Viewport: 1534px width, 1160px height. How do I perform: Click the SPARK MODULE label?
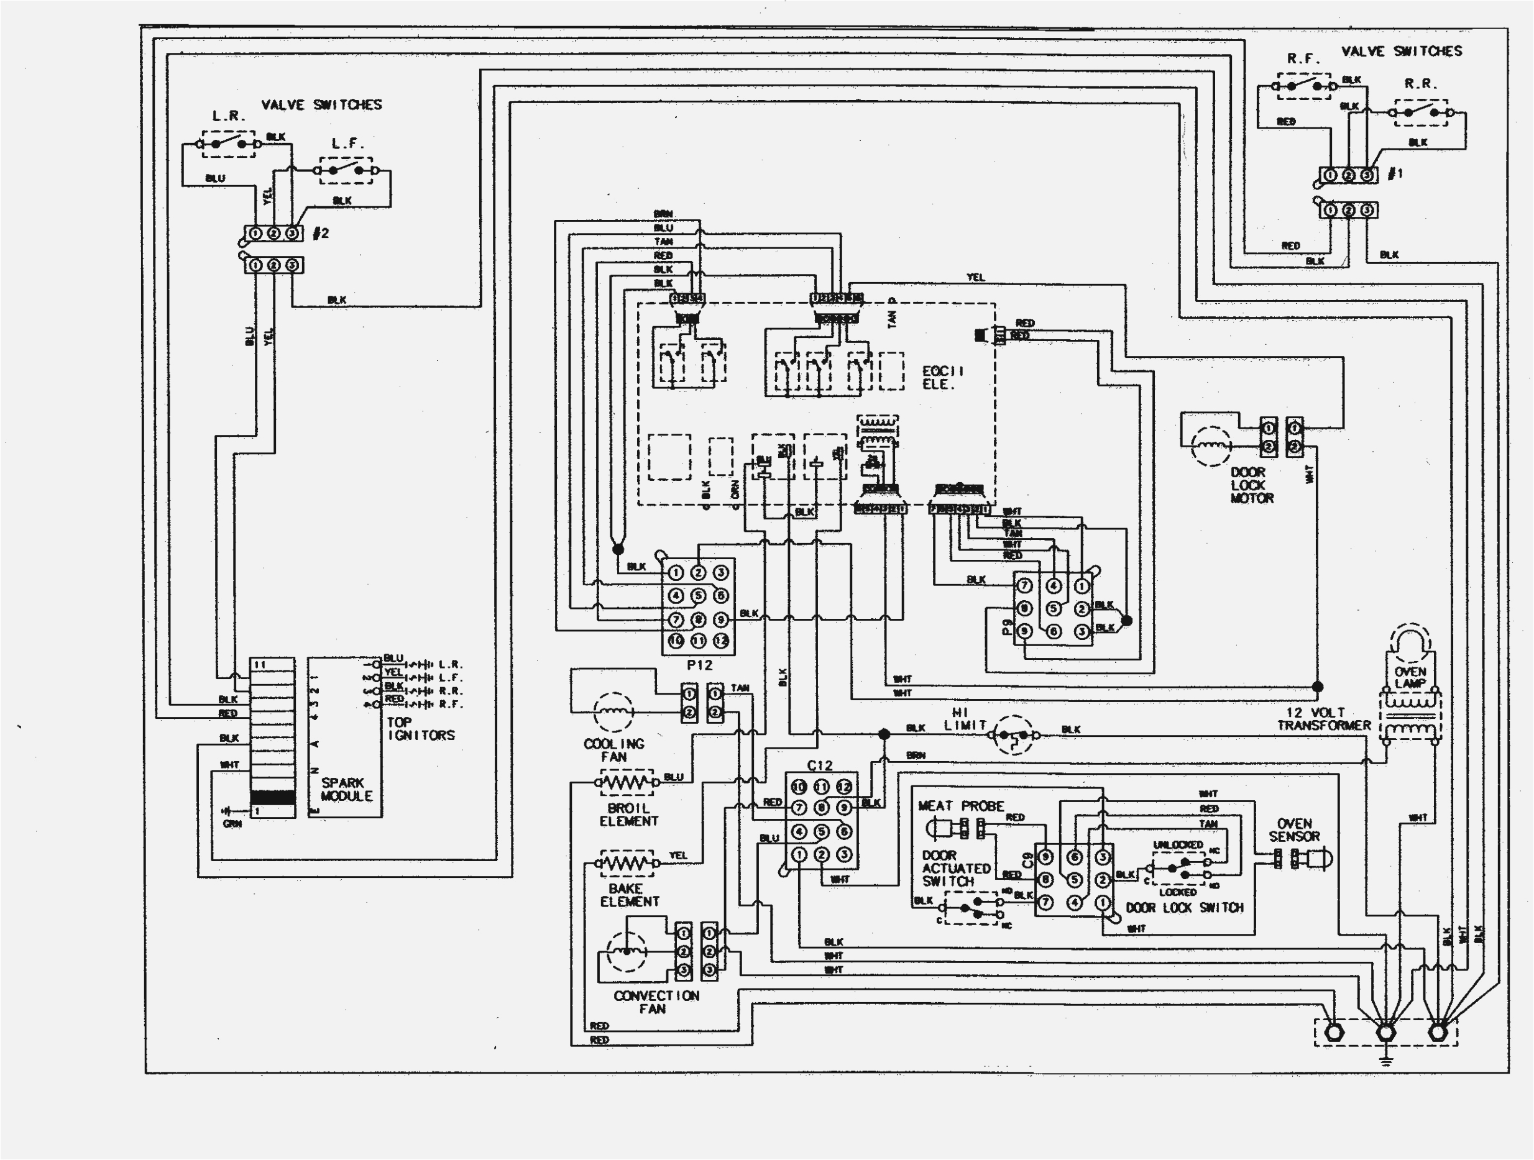point(346,789)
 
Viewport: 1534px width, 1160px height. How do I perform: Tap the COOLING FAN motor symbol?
point(613,711)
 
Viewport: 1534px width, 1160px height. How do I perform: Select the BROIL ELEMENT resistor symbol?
point(627,783)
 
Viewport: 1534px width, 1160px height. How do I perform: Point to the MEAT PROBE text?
point(960,806)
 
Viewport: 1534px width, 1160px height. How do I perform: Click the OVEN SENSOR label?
point(1294,830)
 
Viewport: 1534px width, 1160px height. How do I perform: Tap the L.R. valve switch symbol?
point(228,144)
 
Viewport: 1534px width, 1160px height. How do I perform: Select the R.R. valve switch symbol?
point(1420,112)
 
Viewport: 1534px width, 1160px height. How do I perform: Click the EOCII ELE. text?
point(942,377)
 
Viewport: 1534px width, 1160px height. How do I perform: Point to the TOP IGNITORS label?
point(420,729)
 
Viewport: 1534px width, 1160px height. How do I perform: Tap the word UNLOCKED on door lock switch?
point(1178,844)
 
